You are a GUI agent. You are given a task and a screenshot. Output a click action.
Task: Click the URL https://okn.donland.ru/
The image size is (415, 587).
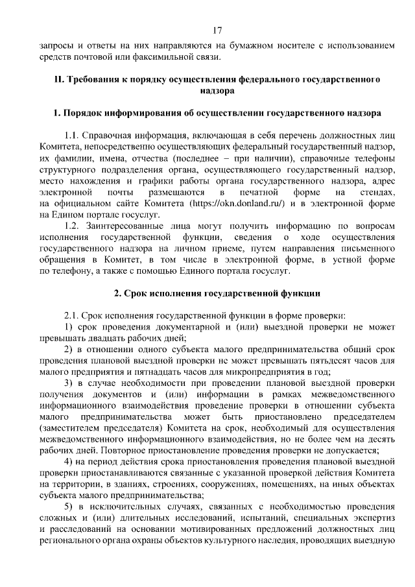point(236,205)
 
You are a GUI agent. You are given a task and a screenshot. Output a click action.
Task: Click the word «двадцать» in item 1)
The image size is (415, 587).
point(104,338)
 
